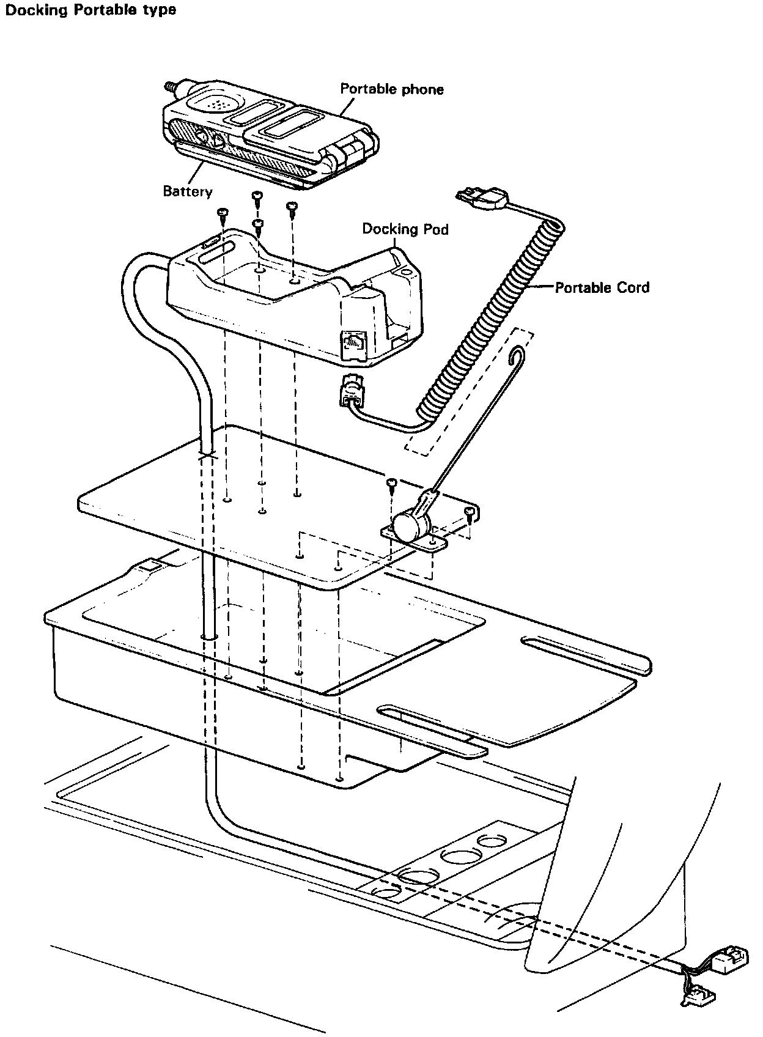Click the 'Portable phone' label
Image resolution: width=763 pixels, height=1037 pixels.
392,89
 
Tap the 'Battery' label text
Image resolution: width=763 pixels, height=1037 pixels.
188,191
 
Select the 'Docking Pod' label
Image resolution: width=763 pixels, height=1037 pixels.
405,229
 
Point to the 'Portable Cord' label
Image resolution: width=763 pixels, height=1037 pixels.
602,287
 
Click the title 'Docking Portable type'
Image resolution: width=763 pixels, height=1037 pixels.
90,10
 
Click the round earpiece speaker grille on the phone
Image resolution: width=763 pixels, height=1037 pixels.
216,103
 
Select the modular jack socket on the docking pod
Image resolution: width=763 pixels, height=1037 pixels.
353,344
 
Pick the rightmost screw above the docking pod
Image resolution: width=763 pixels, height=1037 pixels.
292,207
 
